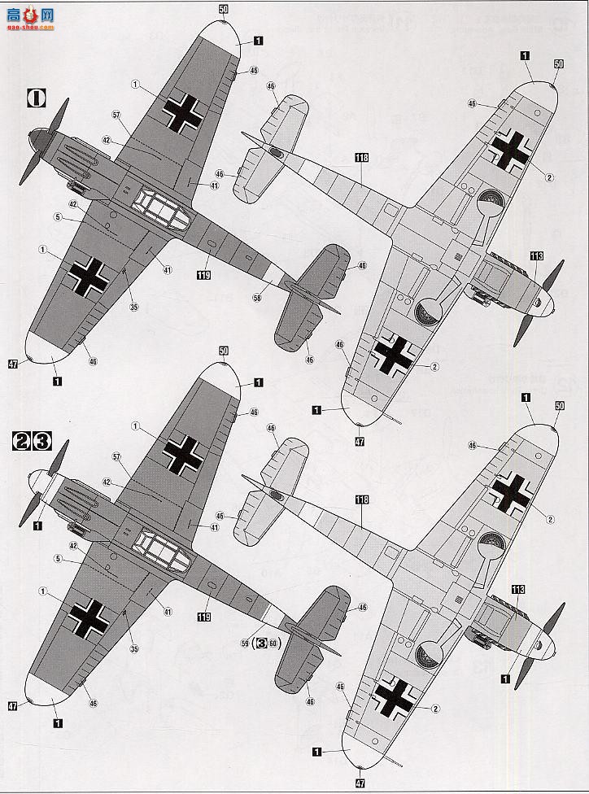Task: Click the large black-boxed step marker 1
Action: (37, 98)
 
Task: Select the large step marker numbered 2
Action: (22, 442)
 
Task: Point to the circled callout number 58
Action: (257, 299)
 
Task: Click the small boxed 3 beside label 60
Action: (262, 642)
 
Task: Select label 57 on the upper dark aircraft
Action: (117, 117)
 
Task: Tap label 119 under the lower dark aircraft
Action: (203, 617)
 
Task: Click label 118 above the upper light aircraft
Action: (362, 157)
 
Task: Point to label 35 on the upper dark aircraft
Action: (134, 307)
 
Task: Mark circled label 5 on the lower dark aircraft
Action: (59, 558)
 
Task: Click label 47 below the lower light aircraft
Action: (360, 783)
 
